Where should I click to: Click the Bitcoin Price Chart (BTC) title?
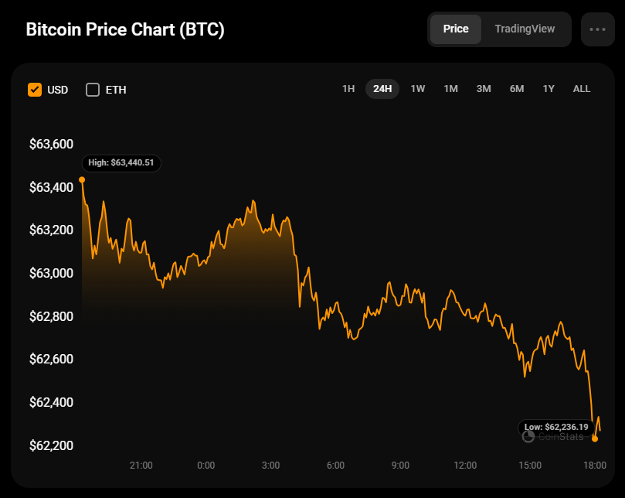point(125,30)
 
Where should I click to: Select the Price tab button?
point(456,29)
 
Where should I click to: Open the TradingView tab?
point(525,29)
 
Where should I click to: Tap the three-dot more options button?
point(597,29)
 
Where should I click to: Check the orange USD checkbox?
point(35,90)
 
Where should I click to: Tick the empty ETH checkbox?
point(93,90)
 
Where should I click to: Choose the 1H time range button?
point(348,89)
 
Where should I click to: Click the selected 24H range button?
point(382,89)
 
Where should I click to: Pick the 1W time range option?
point(418,89)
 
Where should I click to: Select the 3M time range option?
point(484,89)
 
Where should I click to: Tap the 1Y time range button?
point(549,89)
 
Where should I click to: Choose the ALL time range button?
point(582,89)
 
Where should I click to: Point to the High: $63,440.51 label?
point(121,163)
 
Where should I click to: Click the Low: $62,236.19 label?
point(556,427)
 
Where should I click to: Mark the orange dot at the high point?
point(82,179)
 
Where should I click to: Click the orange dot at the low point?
point(595,438)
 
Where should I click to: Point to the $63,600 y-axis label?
point(51,144)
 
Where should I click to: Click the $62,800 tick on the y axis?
point(51,316)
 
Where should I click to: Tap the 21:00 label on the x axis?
point(141,466)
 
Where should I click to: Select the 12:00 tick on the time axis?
point(465,466)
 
